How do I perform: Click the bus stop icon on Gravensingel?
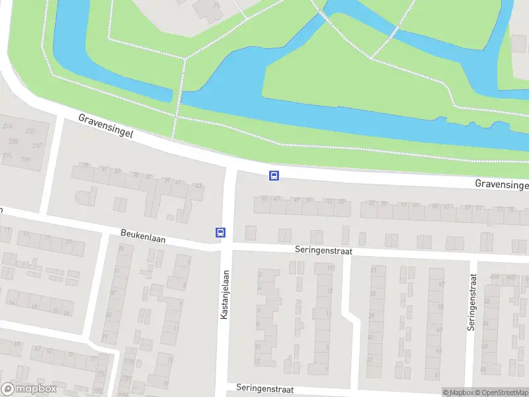coord(274,175)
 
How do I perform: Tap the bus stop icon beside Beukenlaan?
coord(220,232)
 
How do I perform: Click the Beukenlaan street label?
coord(143,236)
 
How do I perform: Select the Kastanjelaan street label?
coord(225,294)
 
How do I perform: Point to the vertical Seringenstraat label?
coord(472,302)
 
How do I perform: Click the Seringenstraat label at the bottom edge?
coord(264,390)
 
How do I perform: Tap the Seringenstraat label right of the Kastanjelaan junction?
coord(323,251)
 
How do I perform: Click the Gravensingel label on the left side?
coord(106,125)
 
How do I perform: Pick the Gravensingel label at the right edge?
coord(501,183)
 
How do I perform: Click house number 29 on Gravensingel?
coord(85,165)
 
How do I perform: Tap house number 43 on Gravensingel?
coord(198,185)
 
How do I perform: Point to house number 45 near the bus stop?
coord(264,198)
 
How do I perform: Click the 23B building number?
coord(12,141)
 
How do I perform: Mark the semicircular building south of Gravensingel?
coord(83,197)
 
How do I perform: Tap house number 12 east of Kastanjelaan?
coord(257,361)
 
